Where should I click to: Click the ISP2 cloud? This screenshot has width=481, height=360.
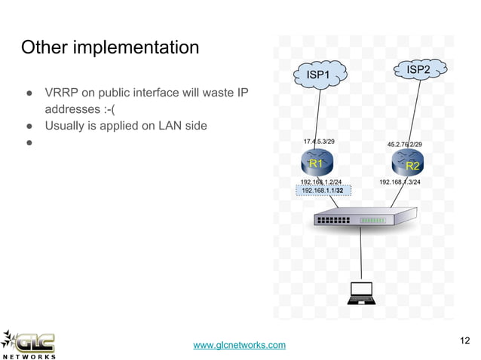418,70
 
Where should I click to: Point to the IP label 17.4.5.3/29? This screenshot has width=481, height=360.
320,141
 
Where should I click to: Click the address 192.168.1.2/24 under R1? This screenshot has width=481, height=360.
320,182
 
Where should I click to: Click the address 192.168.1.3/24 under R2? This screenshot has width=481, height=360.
400,182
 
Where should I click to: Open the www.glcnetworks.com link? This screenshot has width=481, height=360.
240,345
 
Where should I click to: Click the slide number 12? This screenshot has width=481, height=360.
464,341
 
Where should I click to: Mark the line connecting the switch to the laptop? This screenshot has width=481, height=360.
363,256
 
